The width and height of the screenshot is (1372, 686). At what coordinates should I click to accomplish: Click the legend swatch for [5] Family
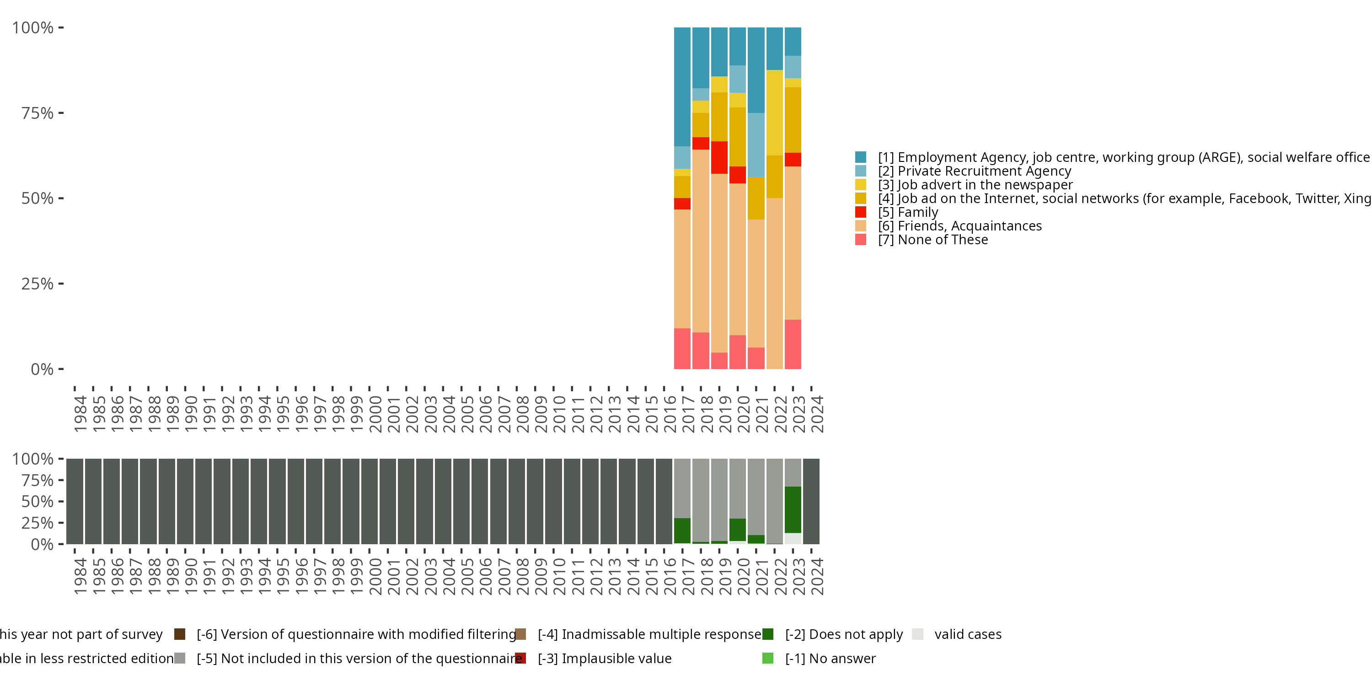pyautogui.click(x=860, y=212)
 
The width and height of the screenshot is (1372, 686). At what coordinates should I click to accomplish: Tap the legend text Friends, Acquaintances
pyautogui.click(x=970, y=226)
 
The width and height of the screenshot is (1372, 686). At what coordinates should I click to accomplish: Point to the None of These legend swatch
pyautogui.click(x=860, y=240)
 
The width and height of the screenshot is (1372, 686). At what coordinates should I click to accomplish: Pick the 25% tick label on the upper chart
pyautogui.click(x=38, y=284)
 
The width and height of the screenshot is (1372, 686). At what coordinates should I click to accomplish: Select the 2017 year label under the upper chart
pyautogui.click(x=688, y=414)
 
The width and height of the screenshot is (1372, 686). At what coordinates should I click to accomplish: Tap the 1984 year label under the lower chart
pyautogui.click(x=80, y=576)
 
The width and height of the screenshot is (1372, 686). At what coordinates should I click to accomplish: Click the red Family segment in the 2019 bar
pyautogui.click(x=719, y=158)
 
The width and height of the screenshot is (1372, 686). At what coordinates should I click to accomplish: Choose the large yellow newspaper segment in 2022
pyautogui.click(x=774, y=113)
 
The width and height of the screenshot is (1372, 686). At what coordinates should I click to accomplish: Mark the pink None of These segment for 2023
pyautogui.click(x=793, y=344)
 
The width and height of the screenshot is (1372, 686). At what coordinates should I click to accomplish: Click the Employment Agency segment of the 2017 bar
pyautogui.click(x=682, y=87)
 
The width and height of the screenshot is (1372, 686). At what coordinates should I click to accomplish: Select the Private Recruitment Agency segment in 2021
pyautogui.click(x=756, y=145)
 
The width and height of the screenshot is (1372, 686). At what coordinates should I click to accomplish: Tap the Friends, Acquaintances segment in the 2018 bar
pyautogui.click(x=700, y=241)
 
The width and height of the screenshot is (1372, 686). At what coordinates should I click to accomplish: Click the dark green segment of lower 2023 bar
pyautogui.click(x=793, y=510)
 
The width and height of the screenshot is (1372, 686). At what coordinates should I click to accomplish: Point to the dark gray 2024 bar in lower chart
pyautogui.click(x=811, y=501)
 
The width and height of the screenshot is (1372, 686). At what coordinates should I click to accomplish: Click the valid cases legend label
pyautogui.click(x=968, y=634)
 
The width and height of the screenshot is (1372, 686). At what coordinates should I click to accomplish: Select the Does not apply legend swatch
pyautogui.click(x=767, y=634)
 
